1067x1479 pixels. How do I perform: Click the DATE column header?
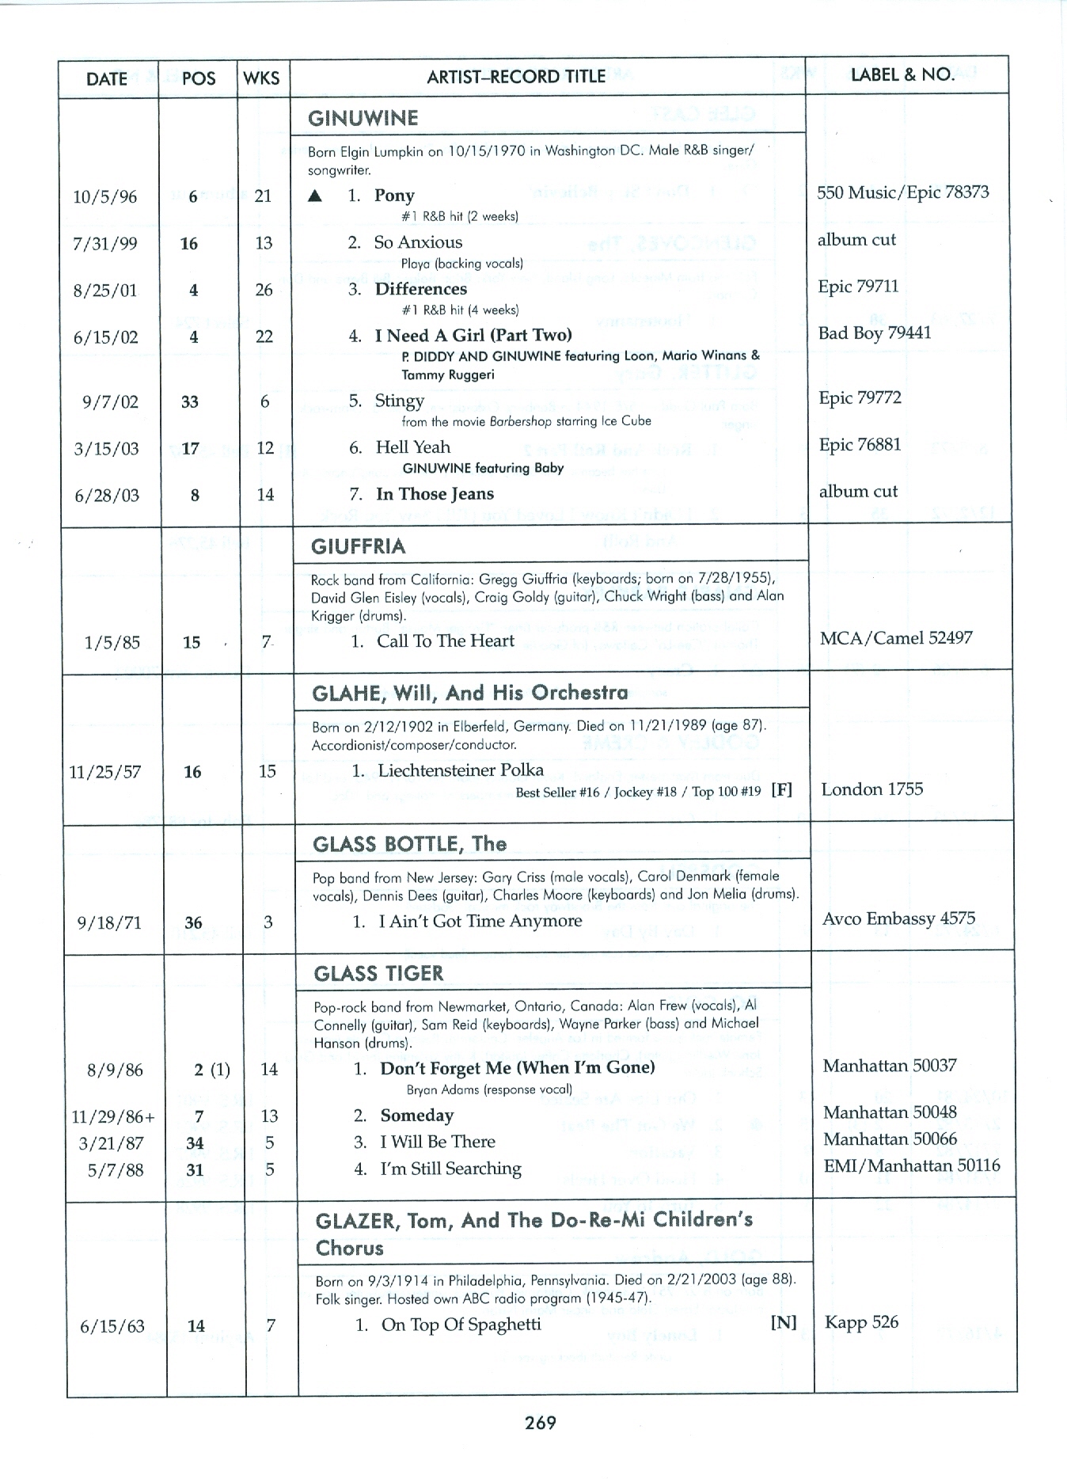tap(107, 78)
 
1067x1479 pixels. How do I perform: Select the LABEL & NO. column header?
tap(902, 75)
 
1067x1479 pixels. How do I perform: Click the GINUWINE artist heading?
tap(363, 119)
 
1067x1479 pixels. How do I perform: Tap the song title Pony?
tap(394, 196)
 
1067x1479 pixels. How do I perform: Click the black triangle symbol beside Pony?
tap(315, 196)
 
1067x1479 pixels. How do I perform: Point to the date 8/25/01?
tap(105, 291)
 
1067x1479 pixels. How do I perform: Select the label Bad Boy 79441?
tap(875, 333)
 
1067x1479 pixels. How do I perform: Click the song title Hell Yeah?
tap(412, 447)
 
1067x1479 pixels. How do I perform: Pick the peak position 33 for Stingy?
tap(190, 402)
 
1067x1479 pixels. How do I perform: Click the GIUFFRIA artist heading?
tap(359, 546)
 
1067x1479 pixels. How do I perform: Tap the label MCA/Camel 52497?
tap(896, 638)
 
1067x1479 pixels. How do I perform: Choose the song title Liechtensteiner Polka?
tap(461, 770)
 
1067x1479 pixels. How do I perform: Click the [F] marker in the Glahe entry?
tap(781, 790)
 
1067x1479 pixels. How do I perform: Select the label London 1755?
tap(872, 789)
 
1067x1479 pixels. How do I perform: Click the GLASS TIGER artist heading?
tap(378, 974)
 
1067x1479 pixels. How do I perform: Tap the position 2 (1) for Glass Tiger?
tap(211, 1070)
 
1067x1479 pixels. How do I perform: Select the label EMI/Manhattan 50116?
tap(911, 1165)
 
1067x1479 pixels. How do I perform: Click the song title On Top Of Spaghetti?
tap(461, 1325)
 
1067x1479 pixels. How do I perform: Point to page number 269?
tap(540, 1423)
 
